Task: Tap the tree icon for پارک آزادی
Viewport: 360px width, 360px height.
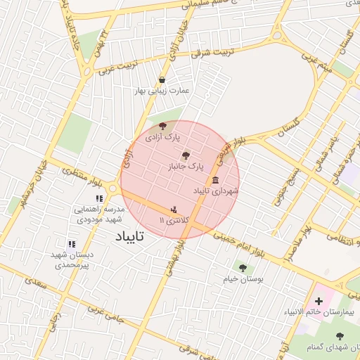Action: (163, 126)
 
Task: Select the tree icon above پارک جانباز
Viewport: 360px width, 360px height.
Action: (186, 155)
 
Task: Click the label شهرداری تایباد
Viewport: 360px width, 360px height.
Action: (216, 191)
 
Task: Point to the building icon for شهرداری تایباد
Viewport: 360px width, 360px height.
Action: (215, 179)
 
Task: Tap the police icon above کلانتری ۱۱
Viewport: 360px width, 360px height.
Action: (174, 209)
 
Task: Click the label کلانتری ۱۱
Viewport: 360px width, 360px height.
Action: (171, 221)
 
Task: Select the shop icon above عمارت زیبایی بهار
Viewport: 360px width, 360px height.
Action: (162, 79)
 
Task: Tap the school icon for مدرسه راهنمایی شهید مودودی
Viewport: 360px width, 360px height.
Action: (98, 199)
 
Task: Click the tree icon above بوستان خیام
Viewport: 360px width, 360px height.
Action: (243, 267)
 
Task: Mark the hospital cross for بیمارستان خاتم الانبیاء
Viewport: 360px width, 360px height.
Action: (319, 300)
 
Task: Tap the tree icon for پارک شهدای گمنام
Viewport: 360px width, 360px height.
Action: (340, 336)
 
